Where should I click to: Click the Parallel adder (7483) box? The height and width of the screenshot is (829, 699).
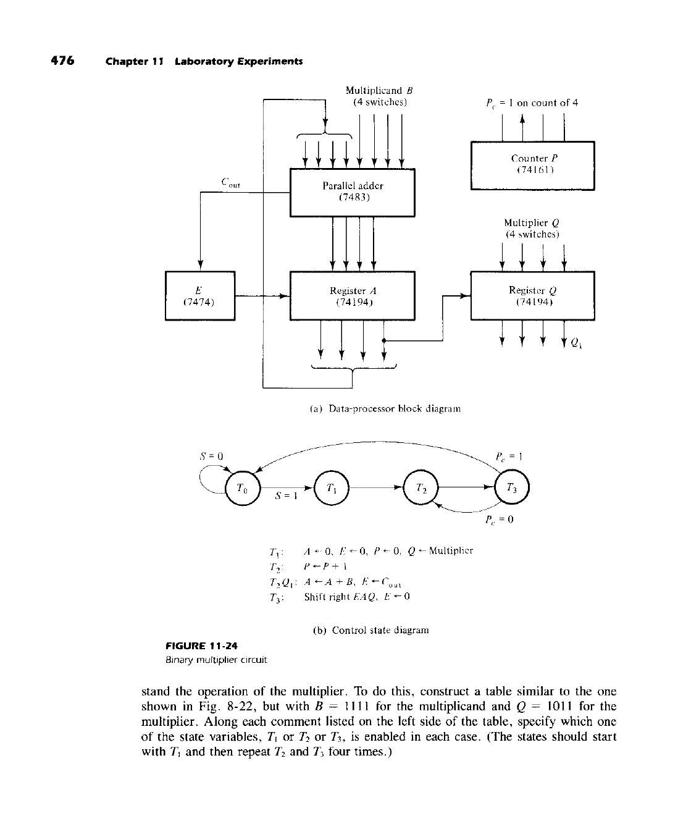coord(352,192)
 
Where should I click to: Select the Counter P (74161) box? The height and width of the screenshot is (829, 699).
coord(532,166)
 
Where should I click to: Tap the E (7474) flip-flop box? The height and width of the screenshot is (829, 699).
coord(199,295)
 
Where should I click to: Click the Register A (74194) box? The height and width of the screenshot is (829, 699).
coord(352,296)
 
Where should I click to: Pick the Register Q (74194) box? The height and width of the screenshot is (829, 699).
coord(532,296)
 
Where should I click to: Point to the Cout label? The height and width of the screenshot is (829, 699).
coord(230,183)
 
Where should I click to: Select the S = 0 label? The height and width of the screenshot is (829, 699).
coord(210,456)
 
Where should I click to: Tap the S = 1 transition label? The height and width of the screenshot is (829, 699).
coord(287,499)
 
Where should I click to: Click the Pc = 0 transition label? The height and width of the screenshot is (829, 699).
coord(503,520)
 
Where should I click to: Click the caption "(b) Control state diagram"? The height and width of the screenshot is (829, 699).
coord(370,630)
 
